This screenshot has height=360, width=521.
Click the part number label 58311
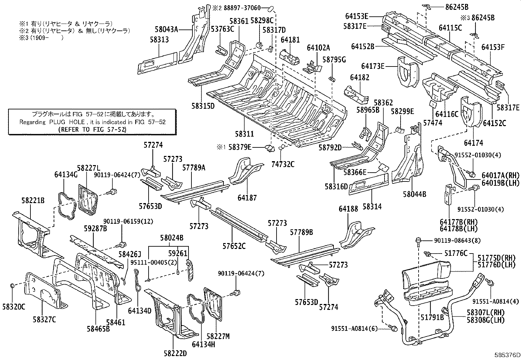(244, 134)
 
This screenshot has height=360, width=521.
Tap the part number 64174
(473, 143)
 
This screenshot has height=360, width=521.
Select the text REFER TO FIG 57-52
(92, 129)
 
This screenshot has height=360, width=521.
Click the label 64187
(247, 198)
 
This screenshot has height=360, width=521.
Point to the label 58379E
(240, 147)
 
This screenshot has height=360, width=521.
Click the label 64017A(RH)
(500, 176)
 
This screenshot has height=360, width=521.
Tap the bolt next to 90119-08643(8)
(419, 240)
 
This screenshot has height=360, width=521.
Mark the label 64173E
(373, 66)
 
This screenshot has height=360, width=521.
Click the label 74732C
(283, 164)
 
